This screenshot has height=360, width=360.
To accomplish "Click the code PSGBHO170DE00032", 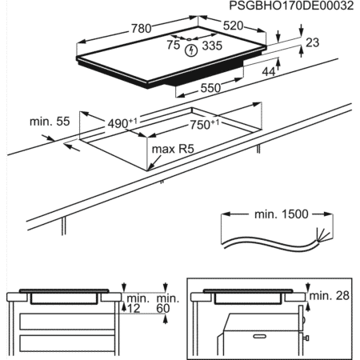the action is tap(291, 6).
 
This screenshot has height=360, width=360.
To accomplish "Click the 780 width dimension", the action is tap(142, 28).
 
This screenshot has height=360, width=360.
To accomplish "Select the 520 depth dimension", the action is tap(233, 26).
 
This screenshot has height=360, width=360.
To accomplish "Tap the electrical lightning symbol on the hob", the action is tap(191, 50).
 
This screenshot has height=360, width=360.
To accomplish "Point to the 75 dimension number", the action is tap(174, 45).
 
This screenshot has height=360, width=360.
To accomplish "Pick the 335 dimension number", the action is tap(212, 46).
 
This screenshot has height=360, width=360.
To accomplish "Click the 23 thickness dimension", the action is tap(312, 42).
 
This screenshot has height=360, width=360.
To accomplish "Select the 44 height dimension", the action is tap(269, 71).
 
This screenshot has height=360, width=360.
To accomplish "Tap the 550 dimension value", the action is tap(210, 88).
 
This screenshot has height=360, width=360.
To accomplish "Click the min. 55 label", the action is tap(50, 122).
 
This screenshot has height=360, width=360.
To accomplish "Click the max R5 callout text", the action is tap(173, 149).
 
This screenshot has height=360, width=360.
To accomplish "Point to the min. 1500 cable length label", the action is tap(282, 214).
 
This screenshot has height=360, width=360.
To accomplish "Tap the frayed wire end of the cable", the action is tap(322, 235).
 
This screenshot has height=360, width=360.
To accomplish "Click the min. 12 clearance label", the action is tap(138, 303).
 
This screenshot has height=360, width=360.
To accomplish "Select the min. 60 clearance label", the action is tap(168, 303).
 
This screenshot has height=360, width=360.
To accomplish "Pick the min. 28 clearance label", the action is tap(330, 295).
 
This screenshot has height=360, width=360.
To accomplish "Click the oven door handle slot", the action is tap(260, 337).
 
